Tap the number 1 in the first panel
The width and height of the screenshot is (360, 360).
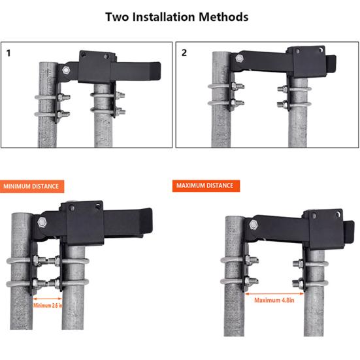[x=8, y=54]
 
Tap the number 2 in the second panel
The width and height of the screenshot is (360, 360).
[x=184, y=53]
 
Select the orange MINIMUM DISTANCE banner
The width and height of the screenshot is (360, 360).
[x=32, y=186]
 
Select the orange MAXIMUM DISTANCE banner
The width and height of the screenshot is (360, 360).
[x=206, y=186]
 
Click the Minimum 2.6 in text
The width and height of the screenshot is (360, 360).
[x=48, y=305]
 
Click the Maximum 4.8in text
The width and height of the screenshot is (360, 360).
[x=274, y=300]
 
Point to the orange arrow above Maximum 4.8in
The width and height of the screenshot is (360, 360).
[x=274, y=293]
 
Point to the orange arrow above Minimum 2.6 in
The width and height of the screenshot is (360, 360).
[x=48, y=299]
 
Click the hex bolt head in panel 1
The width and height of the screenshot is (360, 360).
[x=66, y=71]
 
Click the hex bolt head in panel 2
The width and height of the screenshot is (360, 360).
[x=240, y=58]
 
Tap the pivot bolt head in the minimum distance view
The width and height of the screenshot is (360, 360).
[x=42, y=223]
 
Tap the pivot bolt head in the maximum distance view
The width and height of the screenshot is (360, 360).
[x=254, y=225]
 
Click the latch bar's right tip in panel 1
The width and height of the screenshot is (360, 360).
[x=160, y=69]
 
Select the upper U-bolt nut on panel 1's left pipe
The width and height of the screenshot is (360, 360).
[x=61, y=97]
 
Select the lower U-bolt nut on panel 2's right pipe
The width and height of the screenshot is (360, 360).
[x=284, y=105]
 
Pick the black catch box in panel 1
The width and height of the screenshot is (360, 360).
[x=97, y=67]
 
